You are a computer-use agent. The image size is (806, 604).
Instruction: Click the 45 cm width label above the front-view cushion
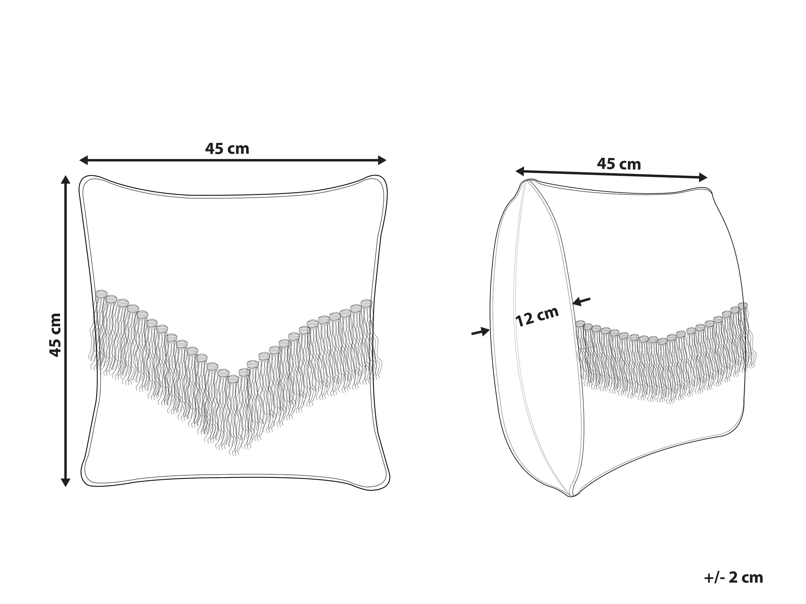coord(227,149)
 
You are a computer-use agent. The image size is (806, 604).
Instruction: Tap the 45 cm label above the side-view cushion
coord(619,164)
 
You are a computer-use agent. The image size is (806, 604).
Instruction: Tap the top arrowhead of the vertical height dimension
coord(66,179)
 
